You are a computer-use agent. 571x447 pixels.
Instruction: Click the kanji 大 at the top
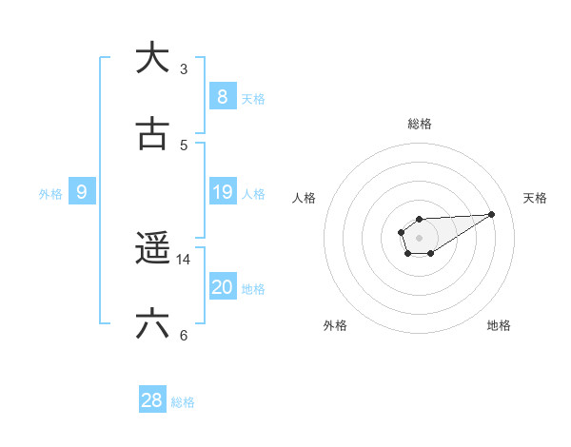coord(151,58)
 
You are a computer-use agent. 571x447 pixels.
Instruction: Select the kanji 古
coord(151,134)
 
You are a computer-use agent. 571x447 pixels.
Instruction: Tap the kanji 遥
coord(152,249)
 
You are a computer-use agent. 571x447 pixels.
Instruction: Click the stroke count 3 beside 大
coord(184,69)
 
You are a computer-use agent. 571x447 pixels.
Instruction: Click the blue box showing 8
coord(222,96)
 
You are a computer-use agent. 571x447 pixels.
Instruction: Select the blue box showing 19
coord(222,192)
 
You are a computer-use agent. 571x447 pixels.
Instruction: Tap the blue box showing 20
coord(222,287)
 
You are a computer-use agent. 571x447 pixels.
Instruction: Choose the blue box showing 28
coord(152,400)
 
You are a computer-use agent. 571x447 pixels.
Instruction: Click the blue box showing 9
coord(82,192)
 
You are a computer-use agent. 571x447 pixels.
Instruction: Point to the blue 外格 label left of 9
coord(50,194)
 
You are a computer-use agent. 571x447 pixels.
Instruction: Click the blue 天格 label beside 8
coord(253,98)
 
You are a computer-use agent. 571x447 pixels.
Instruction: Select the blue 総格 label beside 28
coord(183,402)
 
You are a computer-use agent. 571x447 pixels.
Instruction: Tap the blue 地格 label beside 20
coord(253,289)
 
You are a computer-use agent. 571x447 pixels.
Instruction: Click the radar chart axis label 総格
coord(419,124)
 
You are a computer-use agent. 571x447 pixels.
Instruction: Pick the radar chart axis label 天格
coord(535,198)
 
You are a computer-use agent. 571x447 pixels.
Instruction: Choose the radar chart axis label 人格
coord(304,198)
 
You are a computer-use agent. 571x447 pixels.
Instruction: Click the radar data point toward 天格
coord(492,214)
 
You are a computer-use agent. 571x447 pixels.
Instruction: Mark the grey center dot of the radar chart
coord(419,237)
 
